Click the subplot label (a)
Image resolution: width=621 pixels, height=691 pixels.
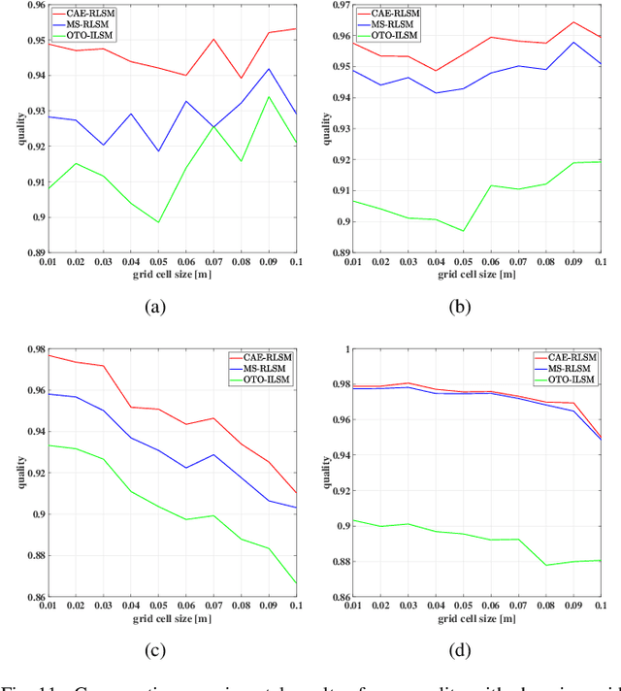click(154, 307)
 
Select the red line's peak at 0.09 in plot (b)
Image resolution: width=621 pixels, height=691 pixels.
click(572, 22)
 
